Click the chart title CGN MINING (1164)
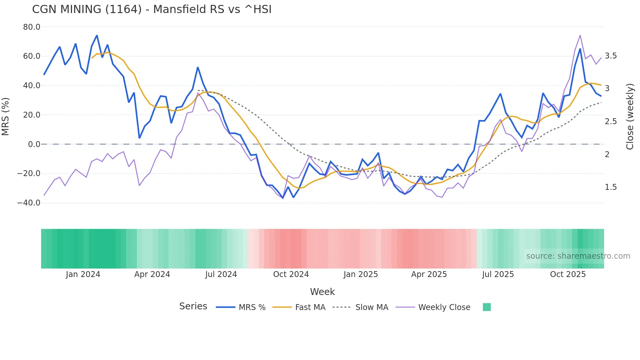(152, 9)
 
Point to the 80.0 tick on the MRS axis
(32, 27)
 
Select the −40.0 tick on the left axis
(29, 203)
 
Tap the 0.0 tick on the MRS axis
(34, 144)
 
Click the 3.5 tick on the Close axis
(611, 56)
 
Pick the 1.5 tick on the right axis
(611, 187)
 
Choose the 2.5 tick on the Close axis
(611, 122)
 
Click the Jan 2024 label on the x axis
(83, 274)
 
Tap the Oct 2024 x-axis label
(291, 274)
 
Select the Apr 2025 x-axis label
(429, 274)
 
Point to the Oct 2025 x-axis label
(568, 274)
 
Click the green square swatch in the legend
(487, 307)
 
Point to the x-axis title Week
(322, 292)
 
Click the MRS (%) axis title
(6, 116)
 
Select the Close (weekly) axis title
(630, 116)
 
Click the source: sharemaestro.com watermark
(578, 256)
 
